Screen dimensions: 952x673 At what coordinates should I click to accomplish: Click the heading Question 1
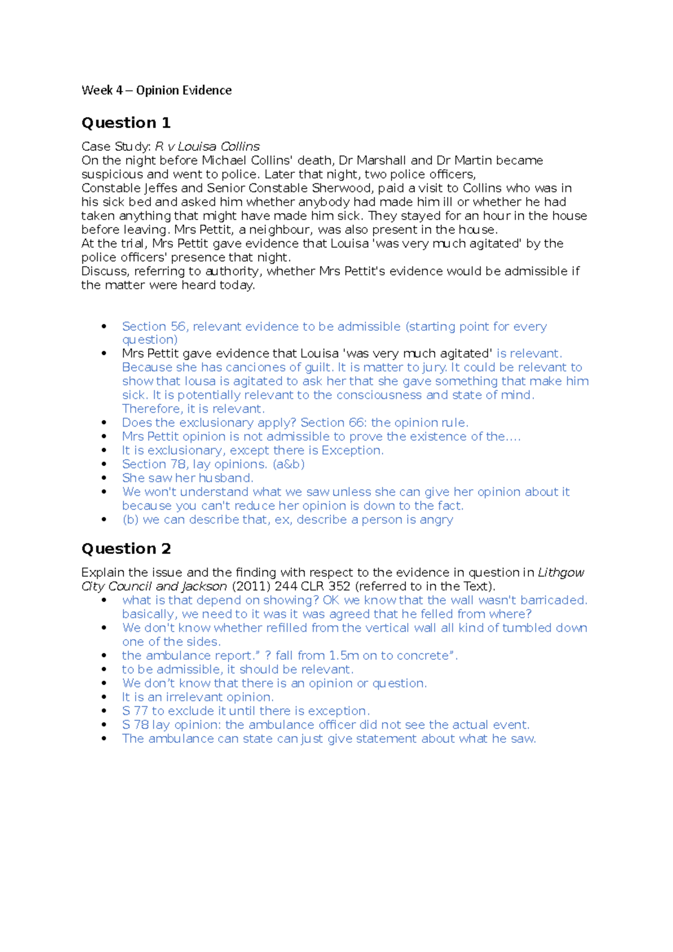(x=126, y=123)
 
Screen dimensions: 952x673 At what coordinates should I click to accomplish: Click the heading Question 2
(x=126, y=548)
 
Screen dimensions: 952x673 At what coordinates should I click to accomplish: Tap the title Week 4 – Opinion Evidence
(x=156, y=90)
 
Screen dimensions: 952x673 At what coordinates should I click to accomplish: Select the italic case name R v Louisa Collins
(x=207, y=146)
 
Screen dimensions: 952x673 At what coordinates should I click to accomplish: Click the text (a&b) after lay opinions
(x=288, y=464)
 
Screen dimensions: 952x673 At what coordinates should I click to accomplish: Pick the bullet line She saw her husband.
(x=187, y=478)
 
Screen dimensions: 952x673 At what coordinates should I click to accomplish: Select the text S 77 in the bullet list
(x=135, y=711)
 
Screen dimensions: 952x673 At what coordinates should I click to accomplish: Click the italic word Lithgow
(x=560, y=572)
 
